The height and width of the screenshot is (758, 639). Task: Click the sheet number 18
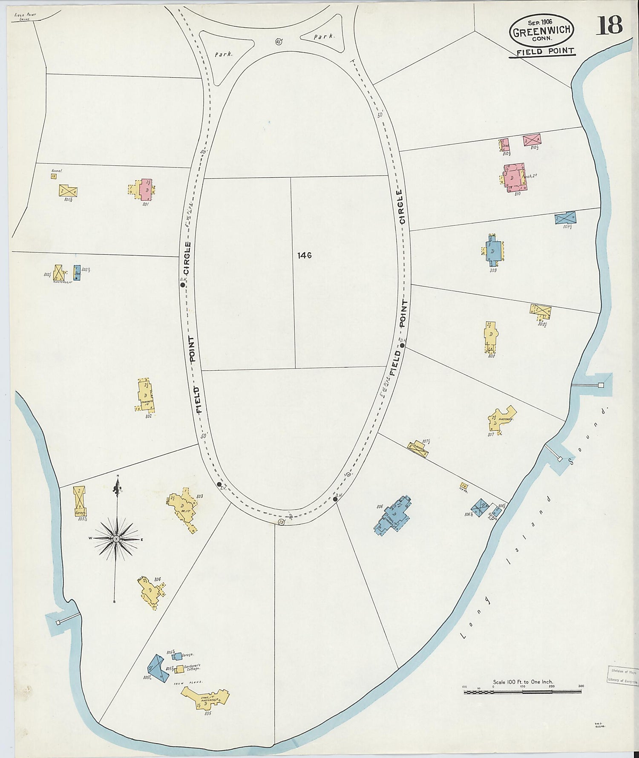610,26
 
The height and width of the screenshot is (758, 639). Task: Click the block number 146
305,255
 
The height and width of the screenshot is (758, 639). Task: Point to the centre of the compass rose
115,539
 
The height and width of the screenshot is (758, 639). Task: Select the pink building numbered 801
146,189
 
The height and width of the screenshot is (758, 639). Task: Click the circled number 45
279,41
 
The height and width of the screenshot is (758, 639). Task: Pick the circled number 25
281,522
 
